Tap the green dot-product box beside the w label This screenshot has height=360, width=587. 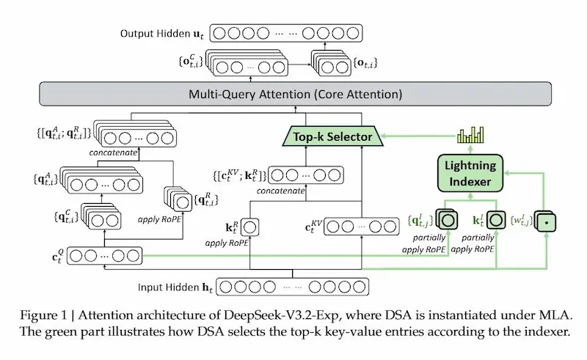547,221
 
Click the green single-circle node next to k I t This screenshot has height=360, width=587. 497,218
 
